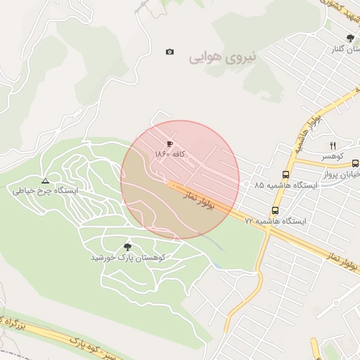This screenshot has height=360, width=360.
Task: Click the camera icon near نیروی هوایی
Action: tap(169, 51)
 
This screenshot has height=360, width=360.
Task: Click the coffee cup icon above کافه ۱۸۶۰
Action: tap(169, 143)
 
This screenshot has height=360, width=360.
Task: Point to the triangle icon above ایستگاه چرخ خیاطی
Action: tap(45, 181)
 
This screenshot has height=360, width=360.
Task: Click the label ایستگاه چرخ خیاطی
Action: tap(45, 191)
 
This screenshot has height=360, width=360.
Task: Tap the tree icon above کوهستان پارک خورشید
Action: tap(127, 246)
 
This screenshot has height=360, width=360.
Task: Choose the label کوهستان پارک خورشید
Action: tap(127, 257)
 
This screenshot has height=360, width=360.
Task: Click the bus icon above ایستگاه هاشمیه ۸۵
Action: tap(285, 174)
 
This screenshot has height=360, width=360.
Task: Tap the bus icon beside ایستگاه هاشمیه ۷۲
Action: tap(275, 210)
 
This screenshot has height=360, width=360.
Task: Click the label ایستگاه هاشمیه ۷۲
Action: tap(275, 221)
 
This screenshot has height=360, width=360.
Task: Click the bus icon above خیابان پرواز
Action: tap(355, 162)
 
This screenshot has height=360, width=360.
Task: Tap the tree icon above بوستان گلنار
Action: tap(350, 39)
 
